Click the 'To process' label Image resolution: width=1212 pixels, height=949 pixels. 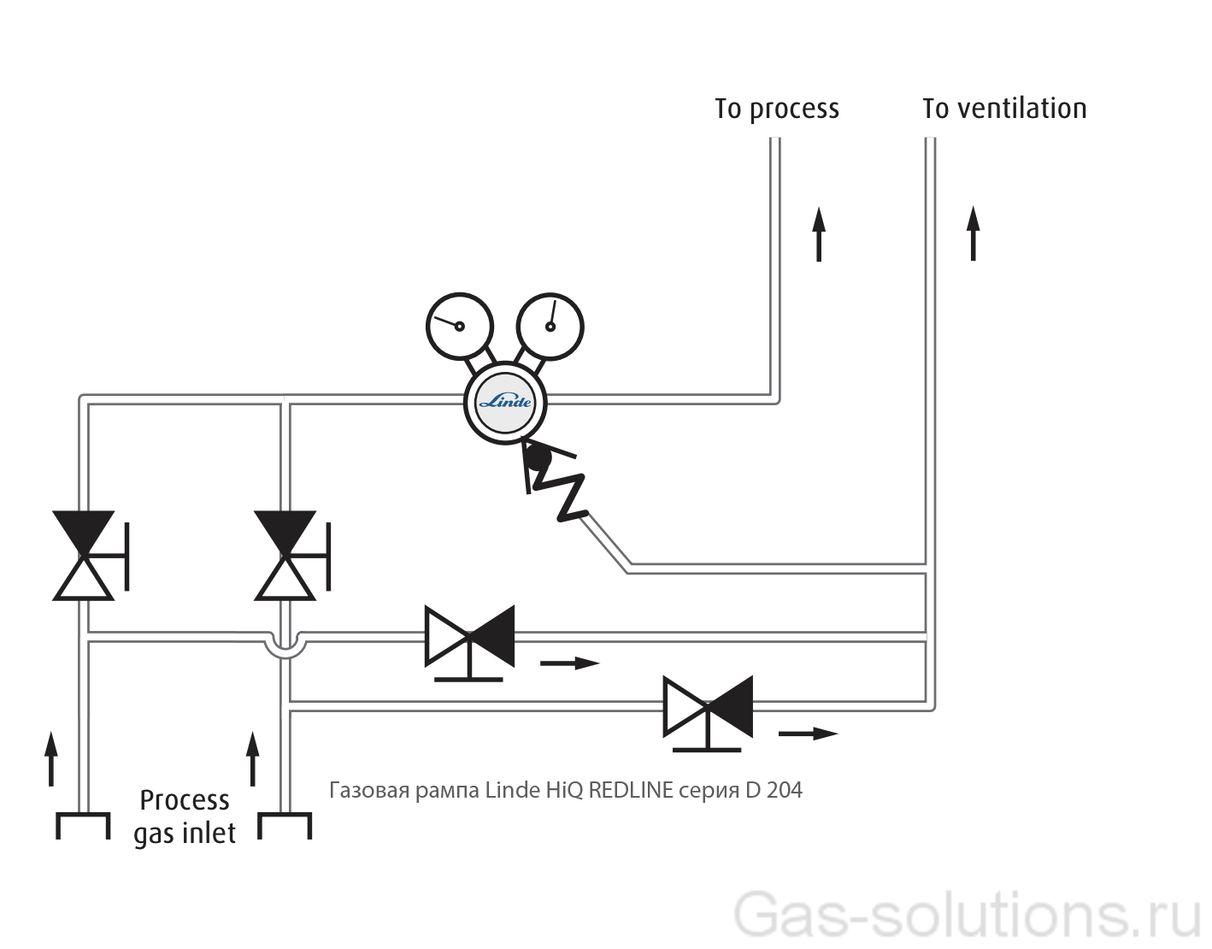click(x=777, y=109)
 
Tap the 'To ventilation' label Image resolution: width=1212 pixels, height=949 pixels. click(x=1004, y=109)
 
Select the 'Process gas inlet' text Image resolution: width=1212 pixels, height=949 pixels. click(x=185, y=816)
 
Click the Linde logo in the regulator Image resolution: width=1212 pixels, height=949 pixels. click(x=505, y=402)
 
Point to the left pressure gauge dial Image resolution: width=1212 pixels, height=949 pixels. click(x=460, y=326)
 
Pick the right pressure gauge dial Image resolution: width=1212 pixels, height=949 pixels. click(x=550, y=326)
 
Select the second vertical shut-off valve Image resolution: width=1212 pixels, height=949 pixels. click(x=286, y=556)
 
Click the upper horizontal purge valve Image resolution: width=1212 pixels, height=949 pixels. click(x=469, y=638)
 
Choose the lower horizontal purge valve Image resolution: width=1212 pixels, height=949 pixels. click(x=708, y=708)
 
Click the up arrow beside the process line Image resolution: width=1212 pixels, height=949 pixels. click(x=819, y=233)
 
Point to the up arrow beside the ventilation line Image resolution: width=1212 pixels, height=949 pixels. click(x=973, y=233)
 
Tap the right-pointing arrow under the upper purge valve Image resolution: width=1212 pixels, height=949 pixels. click(x=570, y=663)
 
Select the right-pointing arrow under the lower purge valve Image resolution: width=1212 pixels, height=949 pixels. click(x=808, y=734)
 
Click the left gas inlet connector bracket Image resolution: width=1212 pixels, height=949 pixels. click(x=83, y=826)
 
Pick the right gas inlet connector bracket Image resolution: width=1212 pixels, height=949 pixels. click(x=285, y=826)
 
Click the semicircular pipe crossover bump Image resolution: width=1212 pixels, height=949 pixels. click(x=285, y=647)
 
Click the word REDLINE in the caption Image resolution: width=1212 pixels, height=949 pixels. click(x=631, y=790)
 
